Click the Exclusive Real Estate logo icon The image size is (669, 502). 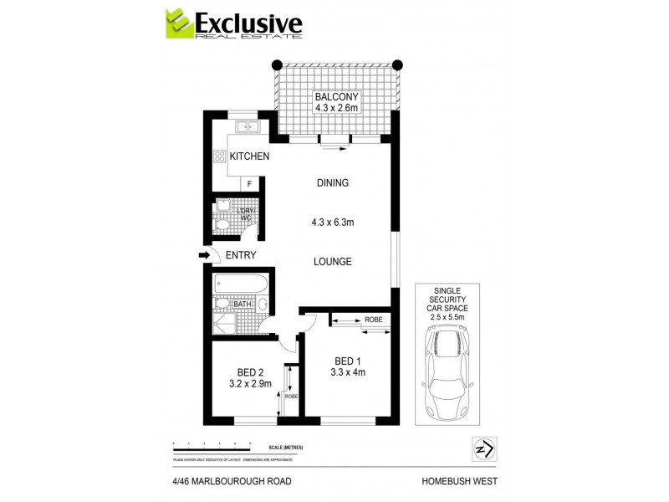(x=178, y=25)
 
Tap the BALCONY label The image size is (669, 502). (x=335, y=96)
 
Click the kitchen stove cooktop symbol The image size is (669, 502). (x=220, y=156)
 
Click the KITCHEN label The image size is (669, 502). (x=249, y=156)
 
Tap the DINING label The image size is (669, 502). (x=332, y=183)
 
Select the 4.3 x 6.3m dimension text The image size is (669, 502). (x=332, y=223)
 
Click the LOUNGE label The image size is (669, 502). (x=332, y=262)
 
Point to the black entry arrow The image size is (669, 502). (x=204, y=255)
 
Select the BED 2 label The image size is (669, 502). (x=250, y=372)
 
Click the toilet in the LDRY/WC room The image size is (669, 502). (x=222, y=223)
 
